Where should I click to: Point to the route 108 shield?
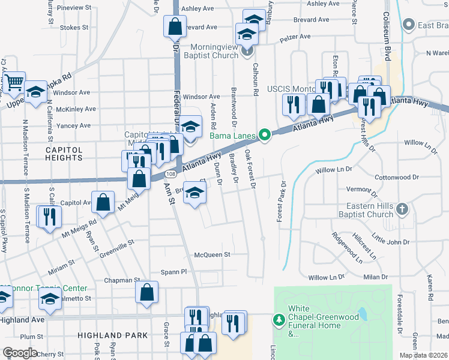pos(170,174)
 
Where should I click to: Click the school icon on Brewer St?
pos(194,193)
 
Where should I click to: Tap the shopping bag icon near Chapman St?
pos(147,293)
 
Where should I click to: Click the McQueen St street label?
pos(212,254)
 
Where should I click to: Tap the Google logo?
pos(20,353)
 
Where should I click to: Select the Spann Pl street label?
pos(174,272)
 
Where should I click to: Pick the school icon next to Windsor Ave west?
pos(36,92)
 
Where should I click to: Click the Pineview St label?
pos(74,8)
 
